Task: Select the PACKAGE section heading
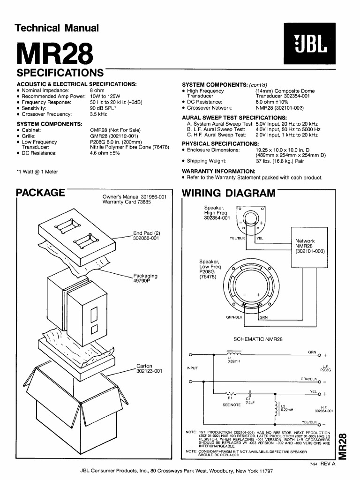tap(40, 193)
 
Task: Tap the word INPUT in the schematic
tap(193, 367)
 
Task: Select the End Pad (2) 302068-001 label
tap(147, 235)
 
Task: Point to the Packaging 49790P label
tap(145, 278)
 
